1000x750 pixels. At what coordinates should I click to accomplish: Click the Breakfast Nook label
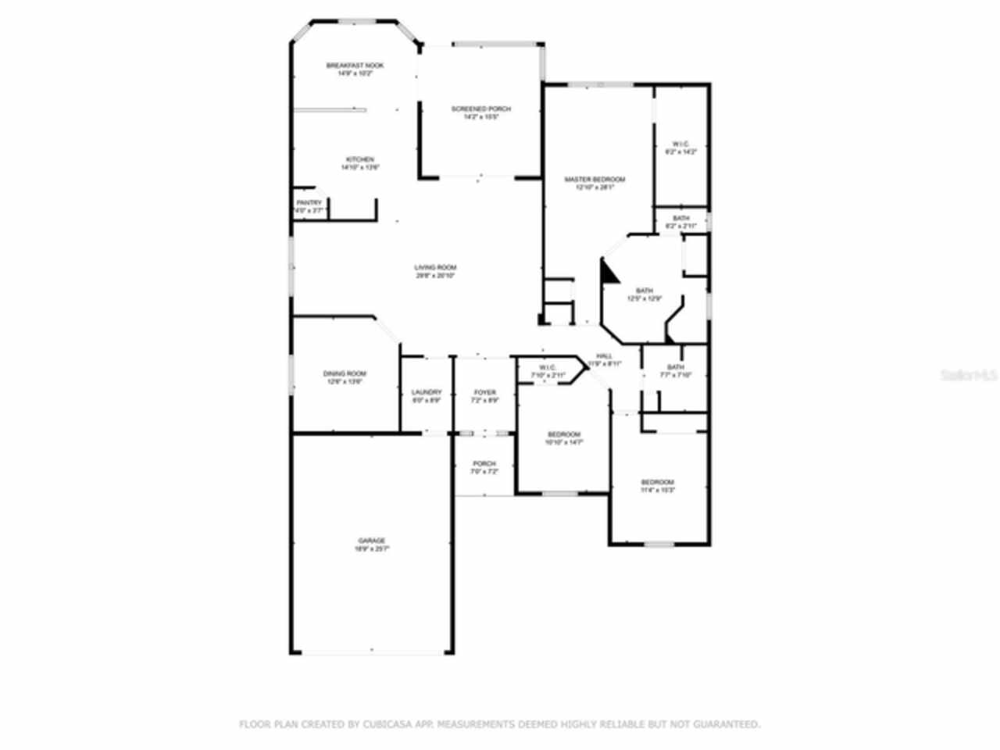click(355, 66)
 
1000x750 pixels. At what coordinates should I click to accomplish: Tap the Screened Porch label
click(480, 109)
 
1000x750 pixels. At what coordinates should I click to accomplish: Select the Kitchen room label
click(360, 159)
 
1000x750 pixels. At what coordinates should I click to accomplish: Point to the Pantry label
click(309, 203)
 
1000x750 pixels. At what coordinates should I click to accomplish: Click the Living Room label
click(435, 267)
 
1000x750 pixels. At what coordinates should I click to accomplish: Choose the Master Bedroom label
click(595, 179)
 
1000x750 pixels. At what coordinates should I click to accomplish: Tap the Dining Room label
click(345, 373)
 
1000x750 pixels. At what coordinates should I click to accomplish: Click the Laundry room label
click(427, 392)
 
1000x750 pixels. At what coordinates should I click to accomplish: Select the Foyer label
click(484, 392)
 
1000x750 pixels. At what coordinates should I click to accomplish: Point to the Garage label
click(372, 541)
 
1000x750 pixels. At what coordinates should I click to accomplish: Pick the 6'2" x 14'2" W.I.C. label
click(680, 144)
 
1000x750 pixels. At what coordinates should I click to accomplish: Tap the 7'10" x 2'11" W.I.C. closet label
click(547, 368)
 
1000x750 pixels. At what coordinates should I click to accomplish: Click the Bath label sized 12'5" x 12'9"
click(644, 291)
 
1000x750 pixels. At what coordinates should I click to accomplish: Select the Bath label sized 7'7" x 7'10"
click(675, 367)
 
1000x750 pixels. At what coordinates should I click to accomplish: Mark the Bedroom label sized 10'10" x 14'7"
click(563, 434)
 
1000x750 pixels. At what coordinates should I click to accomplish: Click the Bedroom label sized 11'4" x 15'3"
click(657, 482)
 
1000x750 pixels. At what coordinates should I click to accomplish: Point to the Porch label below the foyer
click(484, 464)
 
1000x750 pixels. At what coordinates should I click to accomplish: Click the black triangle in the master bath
click(609, 272)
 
